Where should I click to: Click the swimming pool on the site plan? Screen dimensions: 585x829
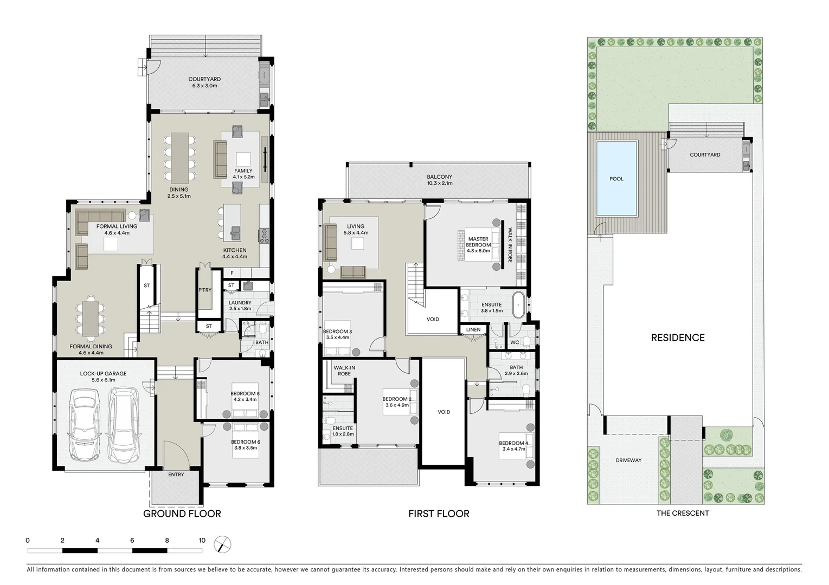[616, 178]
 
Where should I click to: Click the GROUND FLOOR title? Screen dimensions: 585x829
[182, 513]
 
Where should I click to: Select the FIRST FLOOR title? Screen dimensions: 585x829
[439, 513]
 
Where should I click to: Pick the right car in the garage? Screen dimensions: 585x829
[123, 425]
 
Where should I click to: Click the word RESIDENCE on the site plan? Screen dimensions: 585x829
[678, 337]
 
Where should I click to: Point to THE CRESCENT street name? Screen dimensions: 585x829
[683, 513]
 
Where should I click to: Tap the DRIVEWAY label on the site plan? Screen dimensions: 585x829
[628, 460]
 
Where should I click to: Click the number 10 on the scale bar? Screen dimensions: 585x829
[202, 540]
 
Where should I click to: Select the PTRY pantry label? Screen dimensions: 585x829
[204, 290]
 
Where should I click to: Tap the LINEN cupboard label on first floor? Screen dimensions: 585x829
[473, 329]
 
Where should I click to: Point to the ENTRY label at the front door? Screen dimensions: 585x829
[176, 474]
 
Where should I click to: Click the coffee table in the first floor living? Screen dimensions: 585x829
[357, 244]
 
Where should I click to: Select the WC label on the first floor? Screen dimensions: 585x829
[515, 342]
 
